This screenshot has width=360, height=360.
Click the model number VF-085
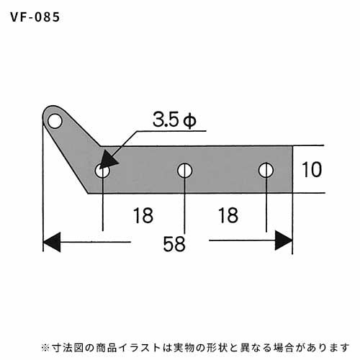[35, 17]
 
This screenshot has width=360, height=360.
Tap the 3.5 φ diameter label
[174, 120]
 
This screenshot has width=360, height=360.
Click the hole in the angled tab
[55, 121]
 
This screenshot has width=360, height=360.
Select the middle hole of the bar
[184, 171]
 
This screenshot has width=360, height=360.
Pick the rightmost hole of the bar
[266, 170]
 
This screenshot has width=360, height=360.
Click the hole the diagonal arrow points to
[102, 171]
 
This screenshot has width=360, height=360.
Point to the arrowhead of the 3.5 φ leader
[109, 161]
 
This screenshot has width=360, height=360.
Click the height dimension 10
[312, 169]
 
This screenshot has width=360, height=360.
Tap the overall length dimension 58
[174, 244]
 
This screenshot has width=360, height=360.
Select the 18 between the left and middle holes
[143, 215]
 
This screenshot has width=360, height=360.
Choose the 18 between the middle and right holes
[228, 215]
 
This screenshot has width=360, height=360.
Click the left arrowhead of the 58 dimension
[52, 242]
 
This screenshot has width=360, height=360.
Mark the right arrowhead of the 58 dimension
[284, 240]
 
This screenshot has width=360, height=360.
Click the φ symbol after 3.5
[189, 121]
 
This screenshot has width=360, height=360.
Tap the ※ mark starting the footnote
[45, 348]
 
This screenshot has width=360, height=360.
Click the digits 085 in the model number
[48, 17]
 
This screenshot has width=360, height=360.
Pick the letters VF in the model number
[18, 17]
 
